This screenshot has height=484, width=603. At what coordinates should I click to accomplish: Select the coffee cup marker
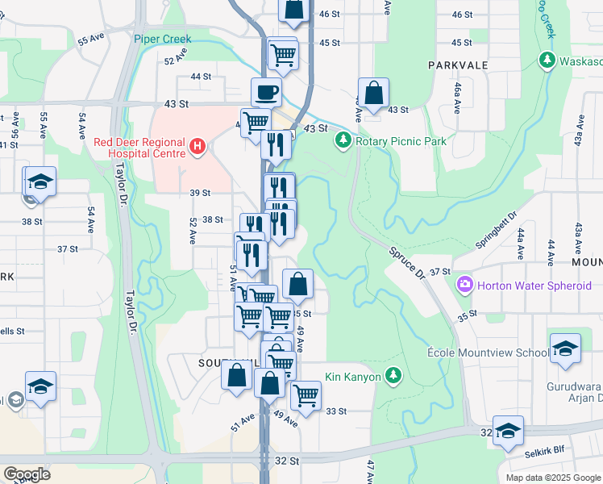[x=266, y=92]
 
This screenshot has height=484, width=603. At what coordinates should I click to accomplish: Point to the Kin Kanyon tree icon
[x=393, y=375]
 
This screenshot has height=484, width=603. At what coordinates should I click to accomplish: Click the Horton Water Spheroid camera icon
[x=464, y=284]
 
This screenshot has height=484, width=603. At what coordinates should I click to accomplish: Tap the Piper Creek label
[x=162, y=39]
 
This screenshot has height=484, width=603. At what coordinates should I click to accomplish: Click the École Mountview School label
[x=500, y=353]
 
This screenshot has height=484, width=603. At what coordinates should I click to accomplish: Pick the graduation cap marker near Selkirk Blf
[x=508, y=431]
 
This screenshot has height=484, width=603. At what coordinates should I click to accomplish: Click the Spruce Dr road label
[x=408, y=263]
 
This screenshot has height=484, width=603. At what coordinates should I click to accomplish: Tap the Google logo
[x=27, y=474]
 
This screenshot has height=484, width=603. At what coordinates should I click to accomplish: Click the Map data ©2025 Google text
[x=552, y=478]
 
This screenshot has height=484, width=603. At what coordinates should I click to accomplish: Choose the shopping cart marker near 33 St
[x=306, y=394]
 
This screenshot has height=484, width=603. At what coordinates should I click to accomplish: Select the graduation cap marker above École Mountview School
[x=565, y=348]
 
